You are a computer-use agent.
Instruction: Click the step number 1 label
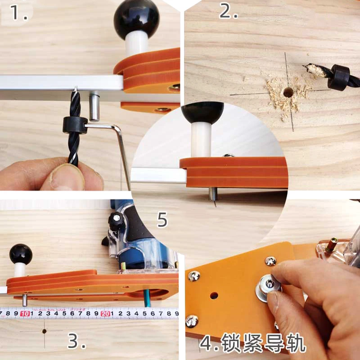coord(18,12)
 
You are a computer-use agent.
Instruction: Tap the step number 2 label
coord(228,11)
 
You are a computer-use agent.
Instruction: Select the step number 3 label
coord(77,342)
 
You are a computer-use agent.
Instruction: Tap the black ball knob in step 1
coord(136,17)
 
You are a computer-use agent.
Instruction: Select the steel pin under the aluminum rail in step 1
coord(94,107)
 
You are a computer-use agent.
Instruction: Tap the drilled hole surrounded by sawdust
coord(287,92)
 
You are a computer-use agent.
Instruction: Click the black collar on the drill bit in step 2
coord(338,77)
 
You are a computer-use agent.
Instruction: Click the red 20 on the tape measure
coord(106,313)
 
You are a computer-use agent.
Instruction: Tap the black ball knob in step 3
coord(21,254)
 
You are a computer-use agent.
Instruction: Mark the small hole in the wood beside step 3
coord(44,331)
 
